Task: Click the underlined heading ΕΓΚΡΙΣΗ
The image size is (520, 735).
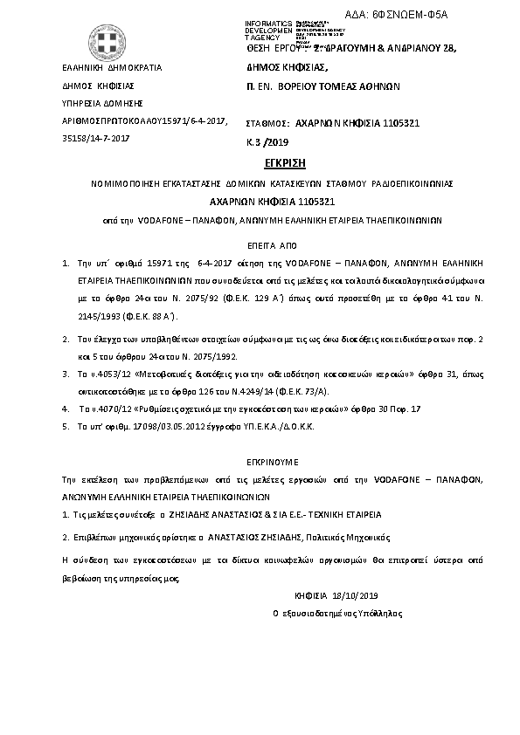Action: [260, 163]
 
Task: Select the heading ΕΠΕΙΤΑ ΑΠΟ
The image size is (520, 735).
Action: [260, 246]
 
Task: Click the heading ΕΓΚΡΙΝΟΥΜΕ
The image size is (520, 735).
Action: [260, 458]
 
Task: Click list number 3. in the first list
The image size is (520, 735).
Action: [66, 373]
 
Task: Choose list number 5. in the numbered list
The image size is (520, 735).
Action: [66, 426]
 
